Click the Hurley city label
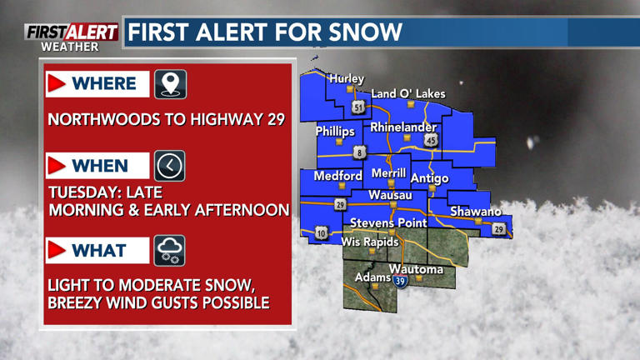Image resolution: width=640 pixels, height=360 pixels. tap(347, 78)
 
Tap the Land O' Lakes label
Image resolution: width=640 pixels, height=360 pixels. tap(408, 93)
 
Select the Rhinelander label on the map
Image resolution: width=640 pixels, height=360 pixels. tap(403, 127)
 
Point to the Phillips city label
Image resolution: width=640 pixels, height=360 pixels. tap(335, 132)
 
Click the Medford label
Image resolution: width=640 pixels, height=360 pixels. tap(337, 176)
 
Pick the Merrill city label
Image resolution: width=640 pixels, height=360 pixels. tap(388, 173)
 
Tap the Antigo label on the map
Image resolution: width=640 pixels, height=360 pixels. tap(430, 178)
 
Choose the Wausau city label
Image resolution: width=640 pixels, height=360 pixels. tap(390, 195)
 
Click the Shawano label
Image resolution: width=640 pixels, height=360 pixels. tap(476, 212)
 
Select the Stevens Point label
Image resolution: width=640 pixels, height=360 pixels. tap(388, 222)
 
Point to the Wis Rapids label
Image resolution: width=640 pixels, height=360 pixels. tap(370, 242)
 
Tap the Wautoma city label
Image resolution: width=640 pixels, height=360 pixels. tap(417, 269)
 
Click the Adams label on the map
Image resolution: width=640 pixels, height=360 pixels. tap(372, 277)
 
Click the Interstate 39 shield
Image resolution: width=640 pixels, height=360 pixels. tap(400, 282)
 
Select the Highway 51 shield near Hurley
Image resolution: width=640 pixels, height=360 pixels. tap(358, 107)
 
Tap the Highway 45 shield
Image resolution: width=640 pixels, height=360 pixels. tap(431, 141)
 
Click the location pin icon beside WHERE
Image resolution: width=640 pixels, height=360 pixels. tap(170, 83)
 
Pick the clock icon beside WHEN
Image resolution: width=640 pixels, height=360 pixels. tap(170, 166)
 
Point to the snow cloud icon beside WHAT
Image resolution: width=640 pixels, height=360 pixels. tap(170, 250)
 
